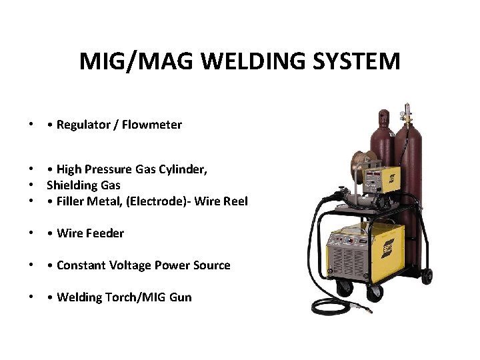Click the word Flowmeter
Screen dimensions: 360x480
click(x=154, y=125)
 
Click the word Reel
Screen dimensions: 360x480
click(x=235, y=201)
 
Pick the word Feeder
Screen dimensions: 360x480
click(x=106, y=233)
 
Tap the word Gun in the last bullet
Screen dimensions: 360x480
click(x=181, y=297)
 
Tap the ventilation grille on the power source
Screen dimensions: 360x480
click(x=346, y=263)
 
